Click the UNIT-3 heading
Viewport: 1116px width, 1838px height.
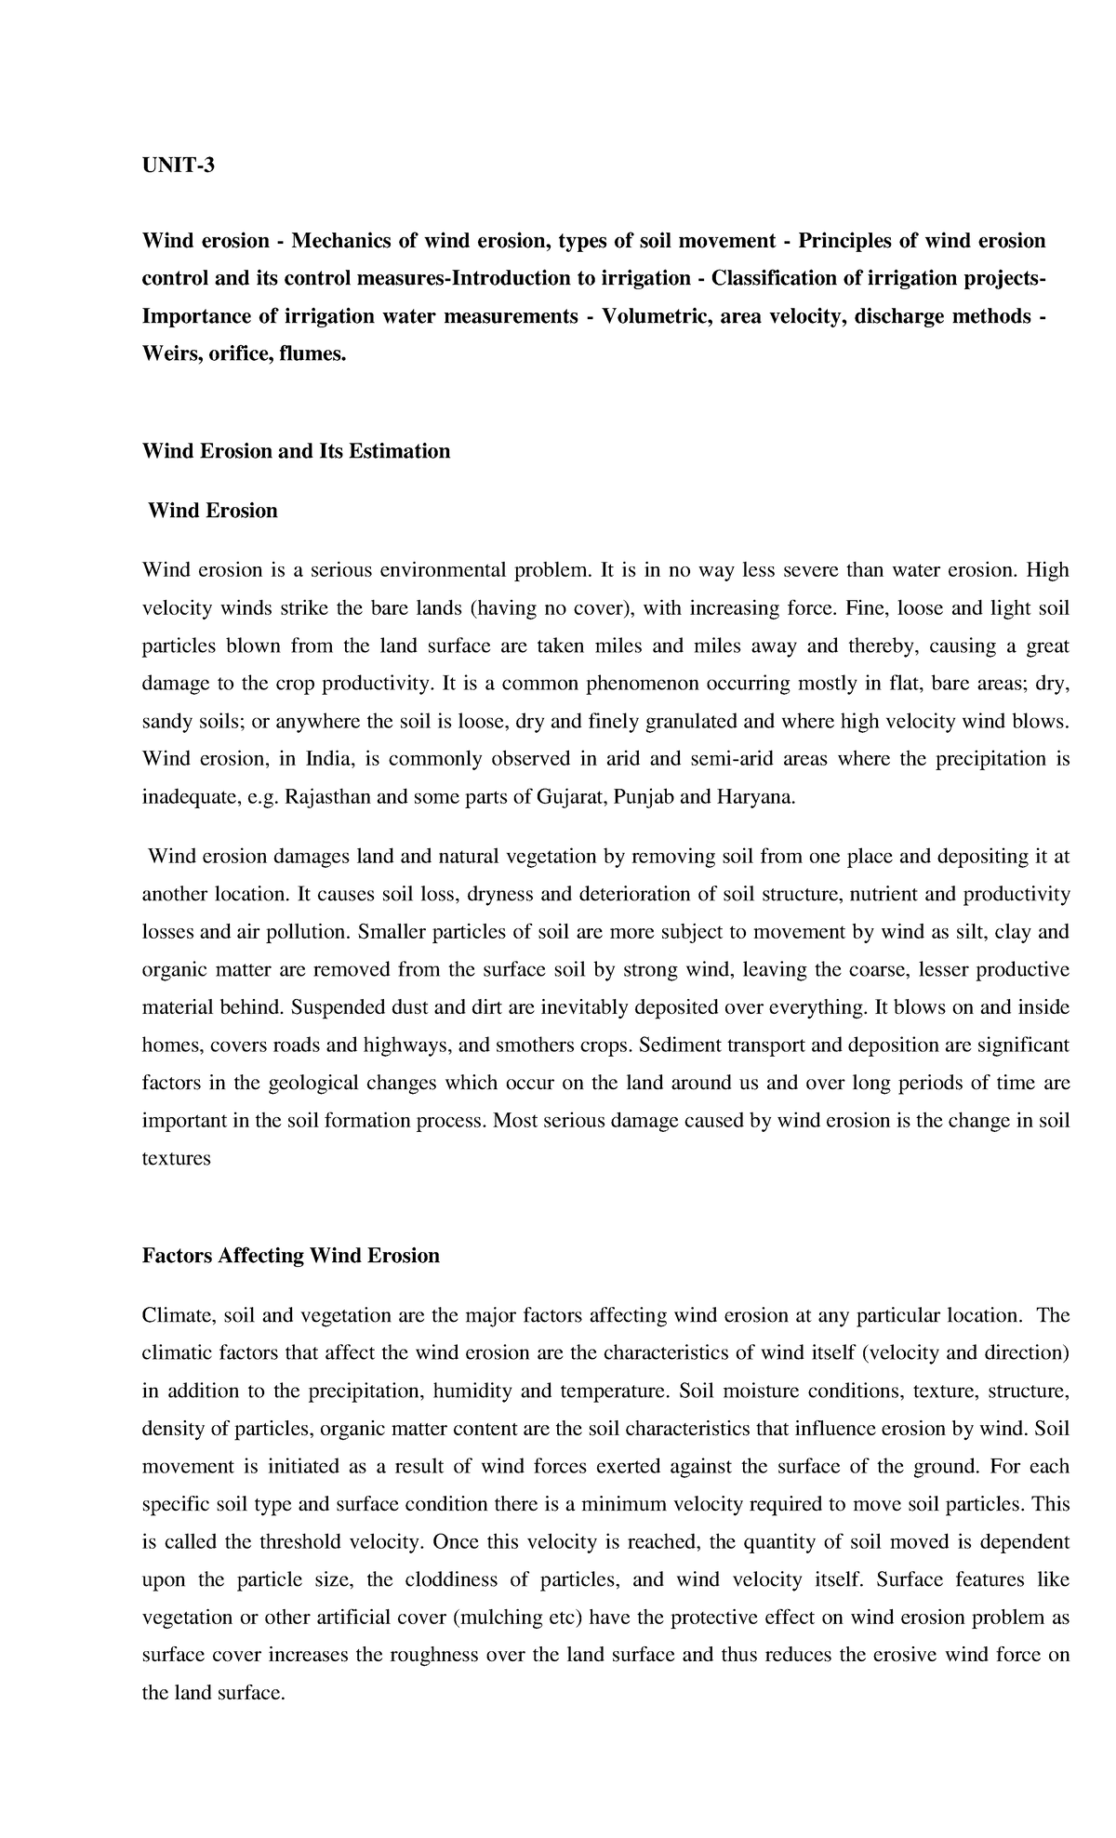178,166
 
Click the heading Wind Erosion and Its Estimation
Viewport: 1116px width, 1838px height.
296,451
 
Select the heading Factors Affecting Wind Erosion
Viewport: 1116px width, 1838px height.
290,1256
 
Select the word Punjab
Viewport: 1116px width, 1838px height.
647,797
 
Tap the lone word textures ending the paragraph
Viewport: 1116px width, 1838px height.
177,1159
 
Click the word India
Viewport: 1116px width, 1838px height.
330,759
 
